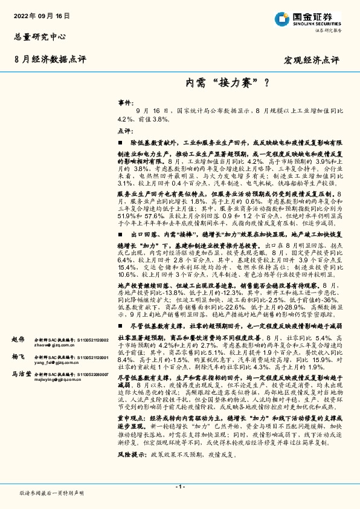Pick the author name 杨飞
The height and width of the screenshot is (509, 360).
pos(19,357)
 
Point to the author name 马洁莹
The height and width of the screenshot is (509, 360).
pos(22,374)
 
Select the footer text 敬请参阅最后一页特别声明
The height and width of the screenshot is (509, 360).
pos(52,493)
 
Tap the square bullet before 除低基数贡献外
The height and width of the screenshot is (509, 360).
pos(120,141)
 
